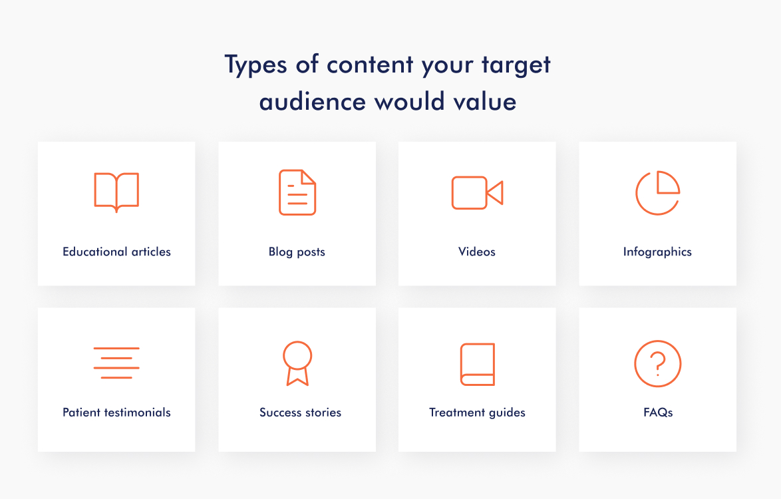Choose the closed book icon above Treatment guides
(x=461, y=364)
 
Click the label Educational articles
(x=116, y=251)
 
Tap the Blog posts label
(x=297, y=252)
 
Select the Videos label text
(x=477, y=251)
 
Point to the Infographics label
(x=657, y=252)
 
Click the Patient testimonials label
(x=116, y=413)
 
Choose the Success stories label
(x=300, y=413)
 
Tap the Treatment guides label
(x=477, y=413)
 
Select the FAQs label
(x=658, y=413)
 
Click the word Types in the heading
(x=255, y=65)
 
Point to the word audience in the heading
(x=313, y=102)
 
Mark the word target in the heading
(x=516, y=65)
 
